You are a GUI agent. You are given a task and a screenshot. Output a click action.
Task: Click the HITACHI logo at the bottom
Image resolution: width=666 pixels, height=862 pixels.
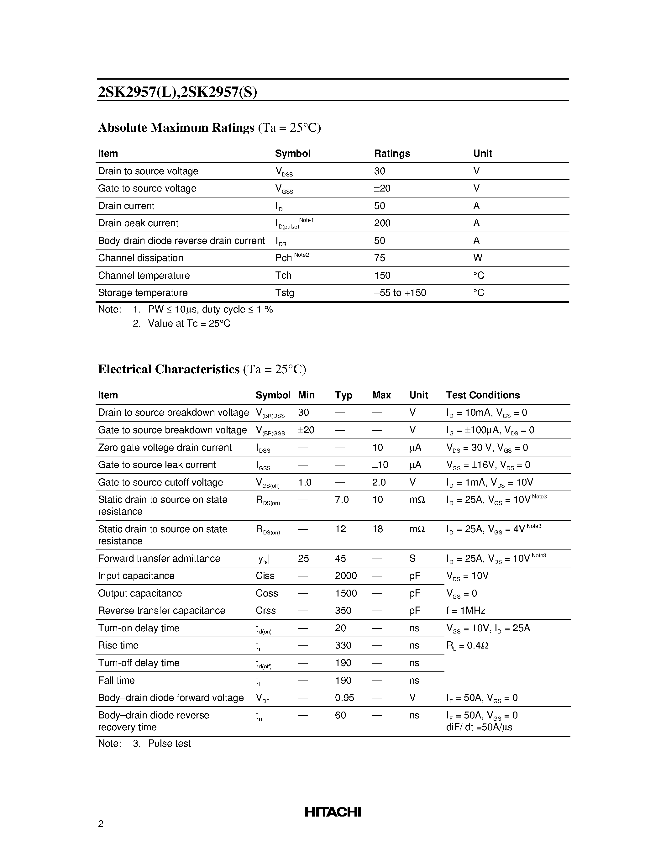click(x=333, y=812)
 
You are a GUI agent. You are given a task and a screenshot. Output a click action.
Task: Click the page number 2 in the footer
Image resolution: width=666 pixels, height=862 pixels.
click(x=101, y=824)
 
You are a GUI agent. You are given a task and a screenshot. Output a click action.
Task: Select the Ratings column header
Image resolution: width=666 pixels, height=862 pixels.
click(x=392, y=154)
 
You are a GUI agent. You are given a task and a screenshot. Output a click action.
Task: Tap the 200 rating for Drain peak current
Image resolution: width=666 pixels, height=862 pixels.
click(x=382, y=223)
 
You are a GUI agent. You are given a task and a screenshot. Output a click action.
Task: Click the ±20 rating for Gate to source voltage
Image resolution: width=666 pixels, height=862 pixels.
click(x=382, y=189)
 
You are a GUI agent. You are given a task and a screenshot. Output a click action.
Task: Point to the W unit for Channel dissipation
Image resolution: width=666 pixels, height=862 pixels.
click(x=477, y=258)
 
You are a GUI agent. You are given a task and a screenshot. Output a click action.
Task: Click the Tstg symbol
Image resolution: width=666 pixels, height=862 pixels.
click(x=285, y=293)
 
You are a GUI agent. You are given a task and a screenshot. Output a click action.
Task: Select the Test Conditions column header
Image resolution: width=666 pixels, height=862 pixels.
click(x=483, y=395)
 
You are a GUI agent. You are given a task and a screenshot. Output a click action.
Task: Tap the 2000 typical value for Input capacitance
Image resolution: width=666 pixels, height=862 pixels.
click(x=346, y=576)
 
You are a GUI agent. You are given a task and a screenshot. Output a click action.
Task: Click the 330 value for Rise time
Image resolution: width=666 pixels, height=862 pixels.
click(x=343, y=645)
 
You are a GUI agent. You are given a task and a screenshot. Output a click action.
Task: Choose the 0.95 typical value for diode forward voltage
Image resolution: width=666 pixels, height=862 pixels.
click(x=344, y=698)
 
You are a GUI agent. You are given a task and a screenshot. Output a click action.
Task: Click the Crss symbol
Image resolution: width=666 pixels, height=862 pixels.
click(x=265, y=611)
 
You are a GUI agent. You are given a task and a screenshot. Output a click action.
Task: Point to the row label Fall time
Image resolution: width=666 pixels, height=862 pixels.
click(x=116, y=681)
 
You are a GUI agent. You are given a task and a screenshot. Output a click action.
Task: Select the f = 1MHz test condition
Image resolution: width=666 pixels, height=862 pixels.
click(x=465, y=611)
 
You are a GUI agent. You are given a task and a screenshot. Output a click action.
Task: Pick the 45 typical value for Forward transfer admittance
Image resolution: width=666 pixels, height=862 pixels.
click(x=340, y=559)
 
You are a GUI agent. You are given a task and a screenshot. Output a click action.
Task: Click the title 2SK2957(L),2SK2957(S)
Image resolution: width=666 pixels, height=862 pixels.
click(x=177, y=92)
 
